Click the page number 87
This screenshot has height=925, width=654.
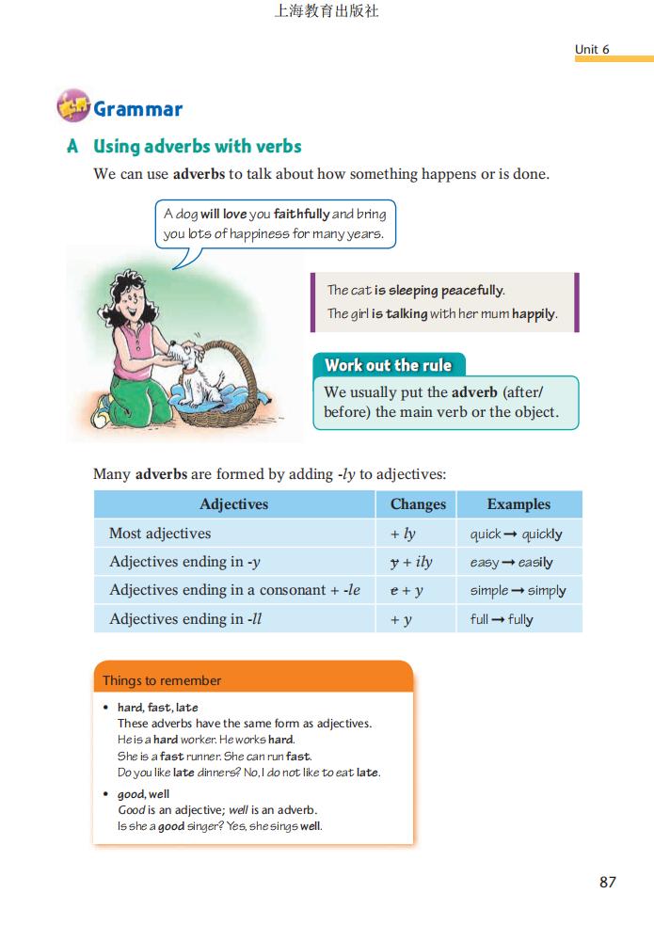coord(607,882)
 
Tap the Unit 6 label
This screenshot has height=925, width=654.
coord(592,49)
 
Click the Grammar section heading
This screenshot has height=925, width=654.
coord(137,109)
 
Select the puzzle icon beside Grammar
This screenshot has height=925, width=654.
coord(72,107)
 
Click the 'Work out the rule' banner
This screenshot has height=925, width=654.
coord(388,365)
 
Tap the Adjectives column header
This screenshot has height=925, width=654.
coord(234,504)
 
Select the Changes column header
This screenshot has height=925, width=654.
coord(418,504)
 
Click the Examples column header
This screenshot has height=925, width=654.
coord(518,504)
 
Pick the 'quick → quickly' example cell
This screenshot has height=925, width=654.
coord(516,534)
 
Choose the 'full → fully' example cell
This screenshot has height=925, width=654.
coord(502,619)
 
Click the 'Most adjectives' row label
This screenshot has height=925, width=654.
coord(160,534)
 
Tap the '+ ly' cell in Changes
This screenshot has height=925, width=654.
coord(403,534)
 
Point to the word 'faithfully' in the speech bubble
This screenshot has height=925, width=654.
coord(301,214)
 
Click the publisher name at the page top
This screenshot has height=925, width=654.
coord(326,12)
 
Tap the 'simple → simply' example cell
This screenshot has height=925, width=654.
coord(518,591)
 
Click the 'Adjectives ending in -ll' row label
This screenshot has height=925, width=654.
coord(178,619)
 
